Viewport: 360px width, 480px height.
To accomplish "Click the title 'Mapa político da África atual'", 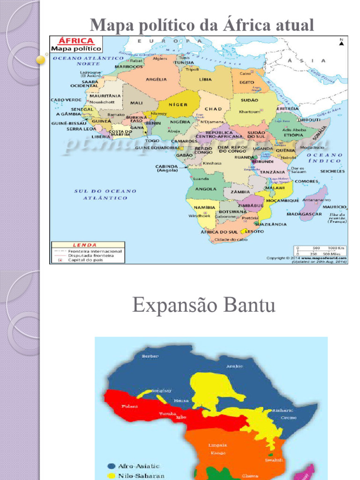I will (x=202, y=24).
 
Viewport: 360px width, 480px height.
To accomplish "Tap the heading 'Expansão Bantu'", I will (x=204, y=306).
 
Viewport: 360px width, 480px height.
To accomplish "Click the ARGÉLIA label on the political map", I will (x=157, y=79).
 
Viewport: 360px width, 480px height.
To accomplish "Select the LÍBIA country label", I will (x=205, y=79).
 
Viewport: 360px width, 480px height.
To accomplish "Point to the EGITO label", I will (x=247, y=82).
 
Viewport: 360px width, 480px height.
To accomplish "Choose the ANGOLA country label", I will (x=205, y=189).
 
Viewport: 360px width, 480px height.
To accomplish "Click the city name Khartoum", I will (x=249, y=112).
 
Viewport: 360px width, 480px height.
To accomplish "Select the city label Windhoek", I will (x=197, y=216).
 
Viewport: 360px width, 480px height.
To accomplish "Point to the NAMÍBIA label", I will (x=204, y=207).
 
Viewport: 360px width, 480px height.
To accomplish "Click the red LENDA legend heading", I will (x=84, y=245).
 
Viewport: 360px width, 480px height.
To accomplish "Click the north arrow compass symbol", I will (x=341, y=43).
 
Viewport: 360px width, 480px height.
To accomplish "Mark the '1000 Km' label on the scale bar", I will (x=337, y=247).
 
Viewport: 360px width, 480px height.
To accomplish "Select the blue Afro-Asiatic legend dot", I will (x=111, y=466).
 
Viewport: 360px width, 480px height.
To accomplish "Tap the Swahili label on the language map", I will (x=273, y=460).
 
